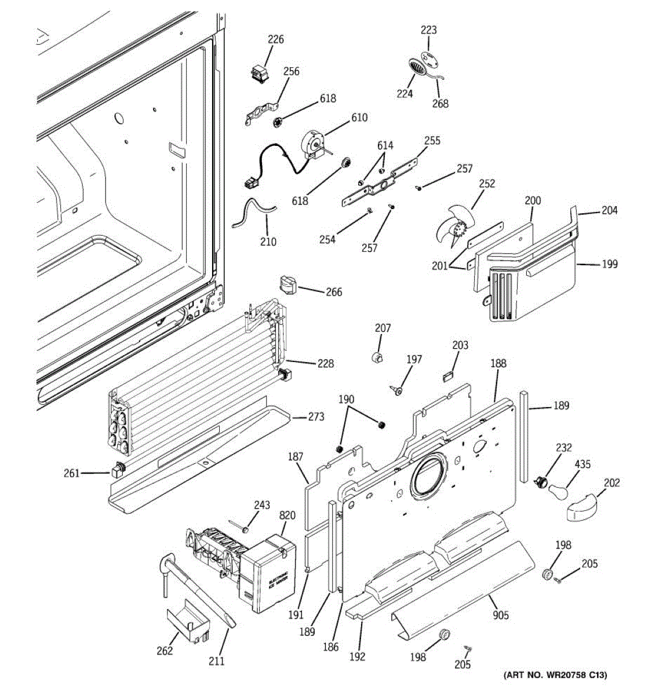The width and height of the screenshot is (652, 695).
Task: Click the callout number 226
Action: click(x=276, y=39)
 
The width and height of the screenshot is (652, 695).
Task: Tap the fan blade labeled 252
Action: click(x=454, y=229)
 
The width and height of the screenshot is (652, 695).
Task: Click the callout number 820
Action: click(x=287, y=515)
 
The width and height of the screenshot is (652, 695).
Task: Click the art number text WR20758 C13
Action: click(x=555, y=675)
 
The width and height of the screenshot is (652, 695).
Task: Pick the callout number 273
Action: click(x=316, y=417)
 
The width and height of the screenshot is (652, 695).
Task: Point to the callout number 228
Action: click(x=325, y=364)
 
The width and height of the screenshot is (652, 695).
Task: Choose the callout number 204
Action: click(x=609, y=210)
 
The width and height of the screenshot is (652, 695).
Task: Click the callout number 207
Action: click(x=383, y=328)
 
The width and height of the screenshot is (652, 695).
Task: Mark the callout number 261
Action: click(x=71, y=474)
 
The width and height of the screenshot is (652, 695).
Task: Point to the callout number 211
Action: click(x=216, y=661)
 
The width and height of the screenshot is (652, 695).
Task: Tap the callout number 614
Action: click(x=385, y=145)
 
